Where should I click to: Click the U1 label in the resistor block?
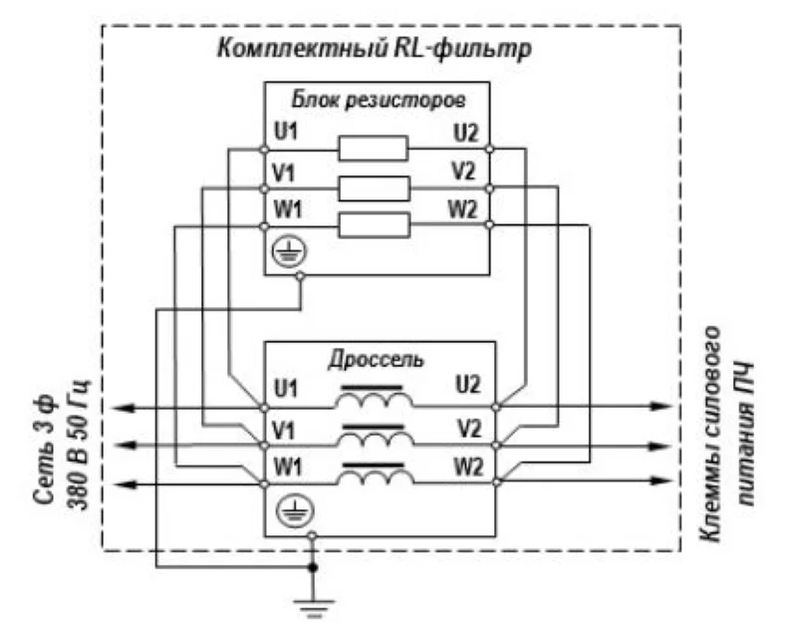pyautogui.click(x=286, y=131)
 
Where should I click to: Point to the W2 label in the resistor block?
pyautogui.click(x=463, y=208)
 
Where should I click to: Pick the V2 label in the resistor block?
pyautogui.click(x=463, y=169)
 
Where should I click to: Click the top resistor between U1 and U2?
pyautogui.click(x=374, y=150)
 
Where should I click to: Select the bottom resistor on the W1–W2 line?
pyautogui.click(x=374, y=226)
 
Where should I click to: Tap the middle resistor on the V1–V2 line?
pyautogui.click(x=374, y=187)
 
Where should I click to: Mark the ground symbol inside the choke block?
pyautogui.click(x=285, y=512)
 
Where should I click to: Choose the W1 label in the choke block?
pyautogui.click(x=286, y=465)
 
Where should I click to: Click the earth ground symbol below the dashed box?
pyautogui.click(x=312, y=608)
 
